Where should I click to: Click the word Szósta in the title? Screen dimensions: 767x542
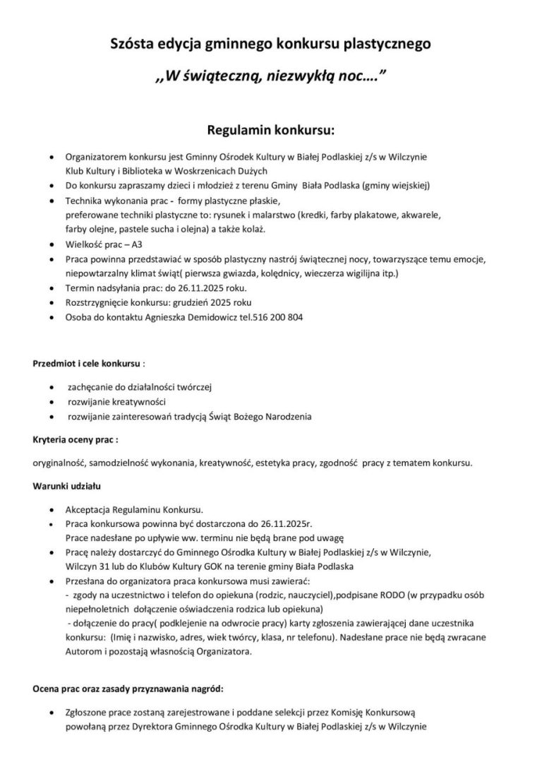click(133, 46)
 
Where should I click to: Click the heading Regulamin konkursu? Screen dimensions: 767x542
click(270, 130)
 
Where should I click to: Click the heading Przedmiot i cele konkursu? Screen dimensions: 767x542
click(87, 364)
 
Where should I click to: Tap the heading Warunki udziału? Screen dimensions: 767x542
click(66, 486)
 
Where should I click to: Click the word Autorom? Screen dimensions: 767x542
click(83, 653)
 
